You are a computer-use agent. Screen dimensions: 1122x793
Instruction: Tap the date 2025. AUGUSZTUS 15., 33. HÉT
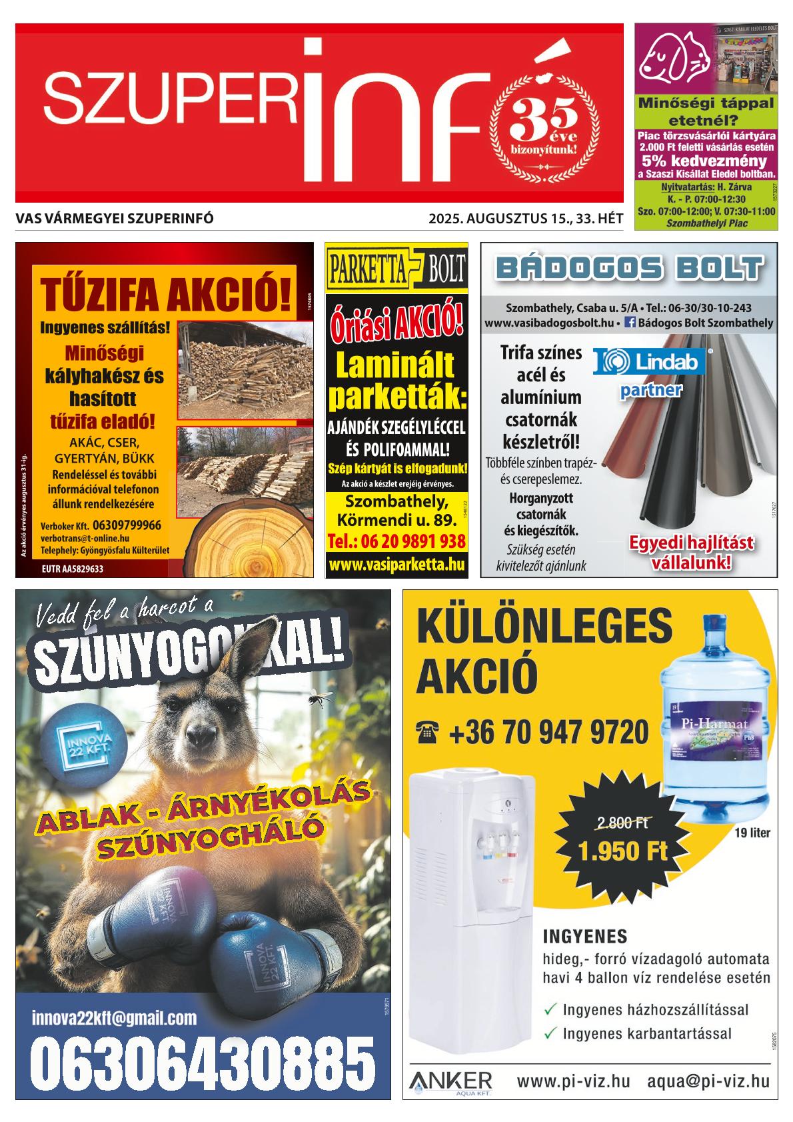coord(526,218)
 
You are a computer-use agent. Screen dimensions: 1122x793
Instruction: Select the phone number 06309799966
coord(127,525)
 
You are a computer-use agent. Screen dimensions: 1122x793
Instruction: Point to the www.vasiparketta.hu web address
coord(396,565)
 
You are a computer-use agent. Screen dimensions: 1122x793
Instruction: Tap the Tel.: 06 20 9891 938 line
coord(396,541)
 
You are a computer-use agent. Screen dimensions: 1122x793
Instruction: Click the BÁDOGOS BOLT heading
coord(629,269)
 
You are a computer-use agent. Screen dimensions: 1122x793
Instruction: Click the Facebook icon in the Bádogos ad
coord(628,323)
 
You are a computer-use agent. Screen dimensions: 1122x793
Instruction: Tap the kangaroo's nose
coord(198,737)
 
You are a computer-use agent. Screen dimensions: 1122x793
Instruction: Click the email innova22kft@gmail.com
coord(114,1018)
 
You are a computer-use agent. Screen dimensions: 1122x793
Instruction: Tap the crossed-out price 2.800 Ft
coord(623,823)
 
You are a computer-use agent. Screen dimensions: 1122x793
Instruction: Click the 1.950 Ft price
coord(622,851)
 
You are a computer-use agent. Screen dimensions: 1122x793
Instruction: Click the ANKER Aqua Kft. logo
coord(451,1081)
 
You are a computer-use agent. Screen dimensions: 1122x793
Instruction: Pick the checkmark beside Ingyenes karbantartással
coord(550,1033)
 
